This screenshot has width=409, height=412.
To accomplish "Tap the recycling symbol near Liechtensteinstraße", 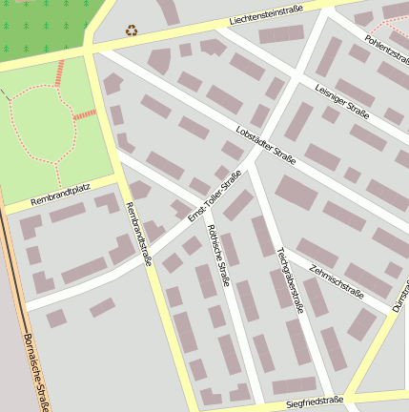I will pyautogui.click(x=132, y=30).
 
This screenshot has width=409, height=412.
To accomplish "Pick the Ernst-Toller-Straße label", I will pyautogui.click(x=215, y=196).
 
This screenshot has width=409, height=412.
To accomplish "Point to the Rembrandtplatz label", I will pyautogui.click(x=59, y=199).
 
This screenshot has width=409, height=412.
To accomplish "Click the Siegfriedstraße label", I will pyautogui.click(x=314, y=402).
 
